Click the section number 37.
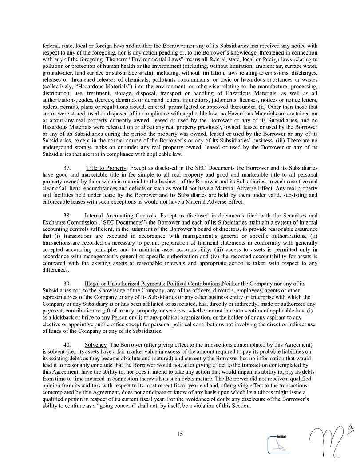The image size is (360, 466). (x=67, y=168)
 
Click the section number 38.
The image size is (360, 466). (x=67, y=215)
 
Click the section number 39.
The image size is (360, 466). (x=67, y=283)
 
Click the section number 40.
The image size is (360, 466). (x=67, y=345)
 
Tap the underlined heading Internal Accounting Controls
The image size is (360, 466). (x=120, y=215)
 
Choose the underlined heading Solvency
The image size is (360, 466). (x=95, y=345)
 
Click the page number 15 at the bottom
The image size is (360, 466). (x=180, y=434)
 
